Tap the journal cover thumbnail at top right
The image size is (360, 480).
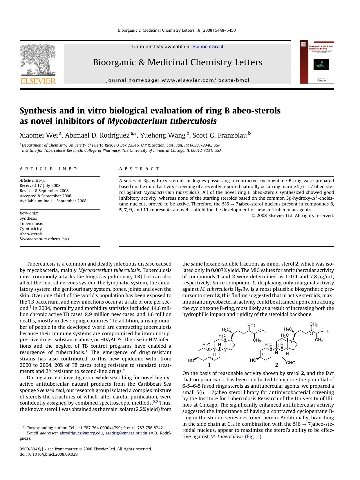point(317,62)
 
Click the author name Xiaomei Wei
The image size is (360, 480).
point(39,135)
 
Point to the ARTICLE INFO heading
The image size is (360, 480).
point(48,169)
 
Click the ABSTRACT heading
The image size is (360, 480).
point(139,169)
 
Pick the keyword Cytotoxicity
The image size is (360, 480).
point(31,229)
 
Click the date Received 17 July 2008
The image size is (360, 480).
point(40,185)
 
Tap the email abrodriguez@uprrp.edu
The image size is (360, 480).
point(81,433)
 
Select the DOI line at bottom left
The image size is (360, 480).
point(49,454)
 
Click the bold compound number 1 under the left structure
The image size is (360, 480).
point(209,365)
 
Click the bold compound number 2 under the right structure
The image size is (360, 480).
point(276,365)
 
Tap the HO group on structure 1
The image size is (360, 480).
point(191,360)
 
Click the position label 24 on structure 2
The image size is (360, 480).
point(311,334)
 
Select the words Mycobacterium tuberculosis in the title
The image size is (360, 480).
point(162,121)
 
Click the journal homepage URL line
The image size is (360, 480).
point(178,80)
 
